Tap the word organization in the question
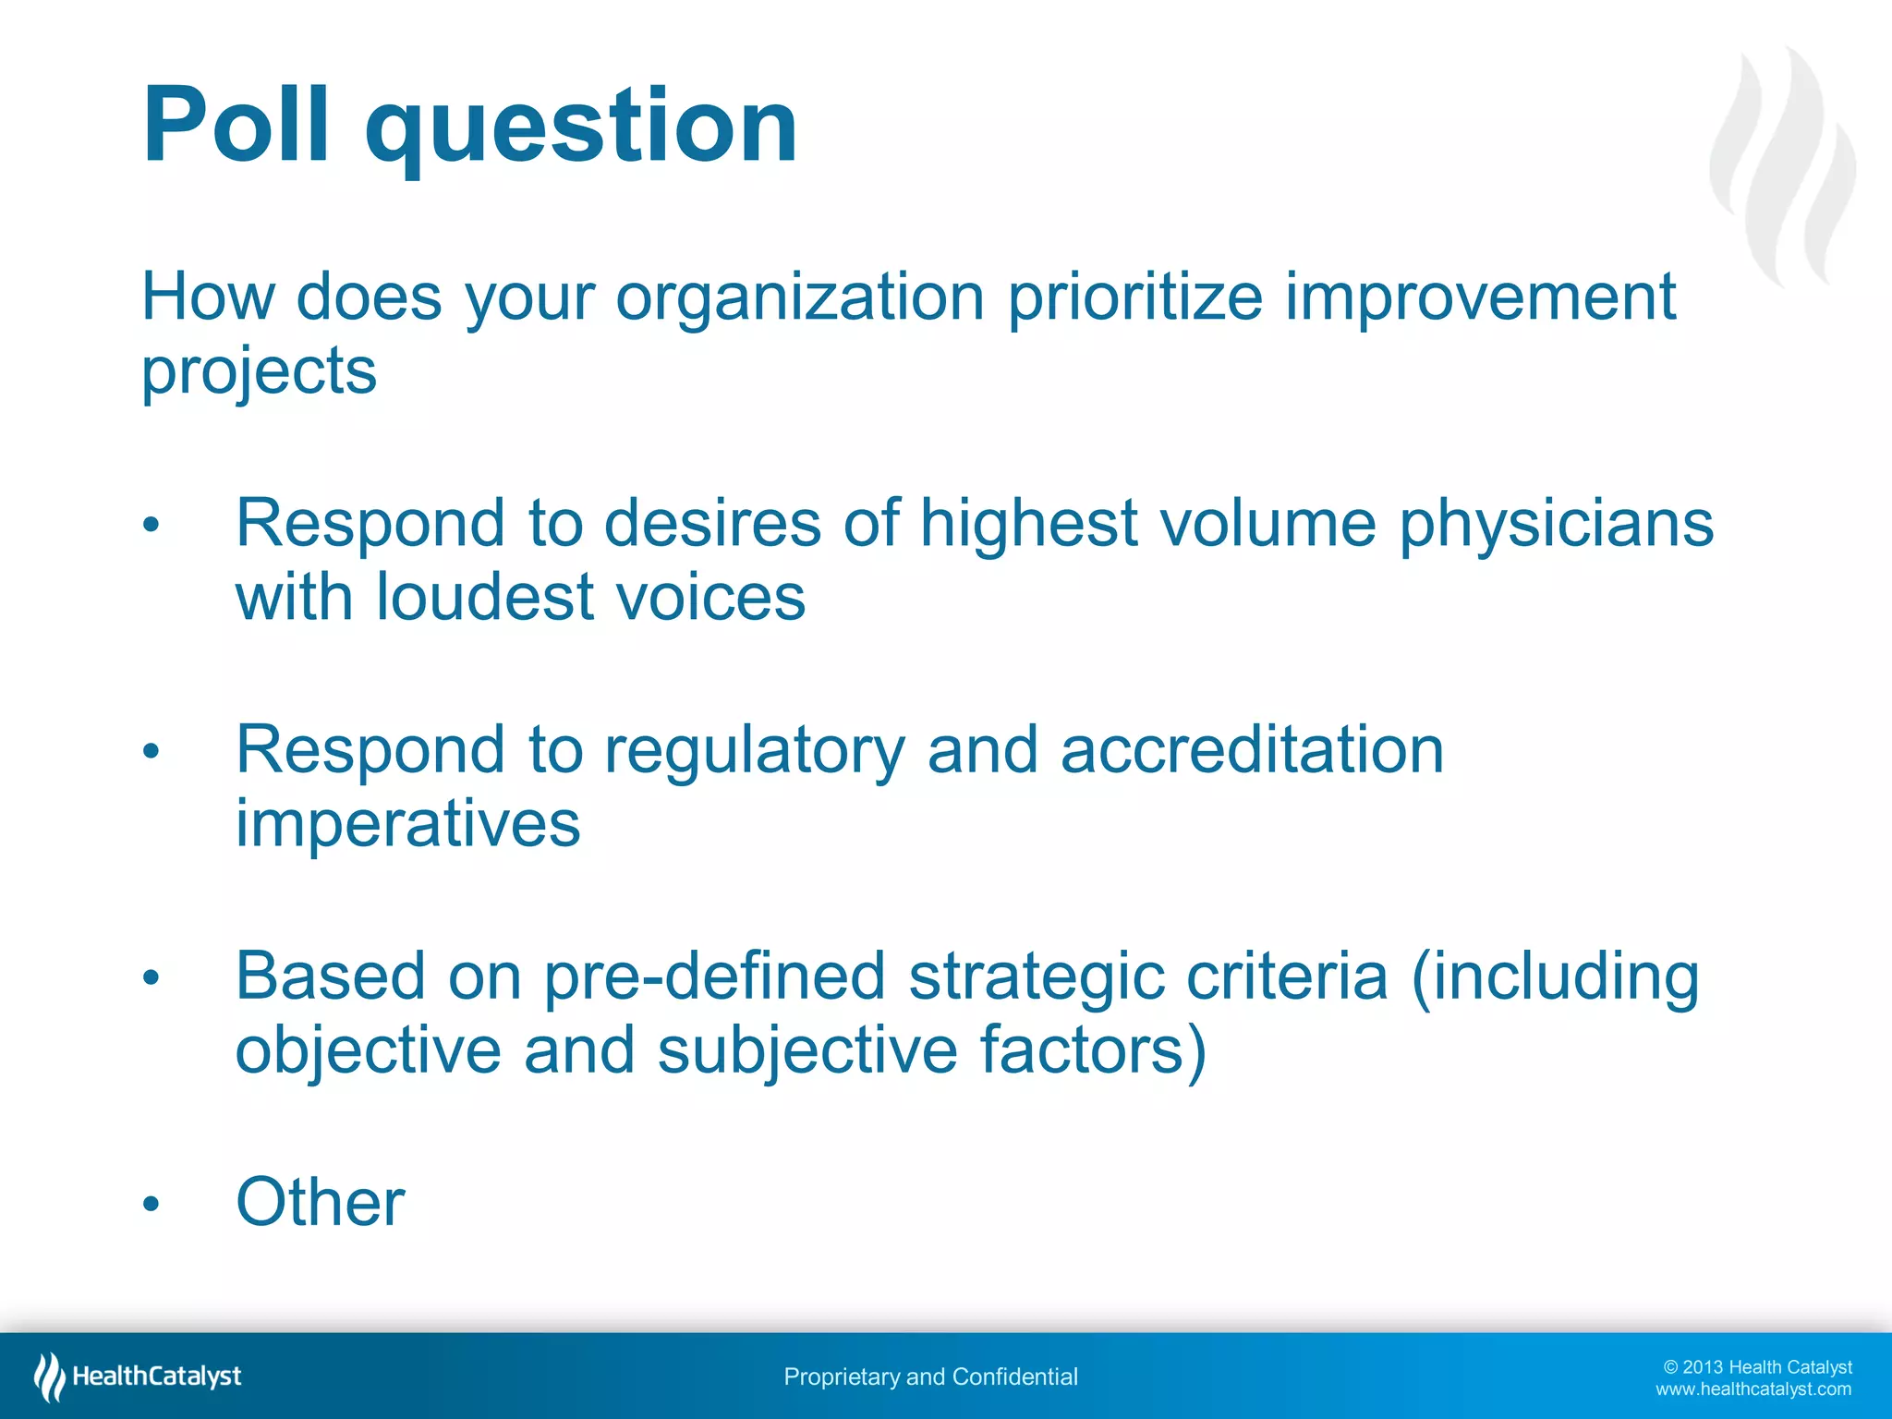tap(800, 298)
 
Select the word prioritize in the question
tap(1134, 298)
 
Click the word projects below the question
tap(259, 372)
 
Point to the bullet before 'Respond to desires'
tap(152, 527)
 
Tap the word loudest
tap(484, 597)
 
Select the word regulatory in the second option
tap(754, 751)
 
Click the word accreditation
tap(1252, 749)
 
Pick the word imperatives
tap(407, 824)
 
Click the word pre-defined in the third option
tap(714, 976)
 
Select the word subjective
tap(807, 1050)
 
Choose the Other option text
tap(321, 1203)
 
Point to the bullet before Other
tap(152, 1204)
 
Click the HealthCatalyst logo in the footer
tap(139, 1377)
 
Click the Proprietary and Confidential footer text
tap(930, 1377)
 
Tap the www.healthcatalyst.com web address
tap(1753, 1389)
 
